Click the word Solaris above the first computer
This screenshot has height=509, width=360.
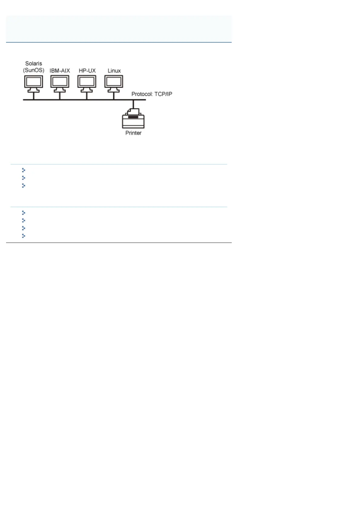tap(34, 63)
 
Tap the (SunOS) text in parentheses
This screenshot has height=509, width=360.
tap(34, 70)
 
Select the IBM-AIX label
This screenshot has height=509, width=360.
tap(60, 71)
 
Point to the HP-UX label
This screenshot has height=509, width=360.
tap(87, 71)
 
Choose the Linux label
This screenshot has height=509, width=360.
tap(114, 71)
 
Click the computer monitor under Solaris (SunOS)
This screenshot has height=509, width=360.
tap(34, 82)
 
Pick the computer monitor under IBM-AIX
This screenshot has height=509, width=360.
tap(60, 82)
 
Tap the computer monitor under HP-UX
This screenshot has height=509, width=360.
tap(87, 82)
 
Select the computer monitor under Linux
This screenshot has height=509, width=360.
tap(114, 82)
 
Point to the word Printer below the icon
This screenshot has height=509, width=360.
tap(133, 133)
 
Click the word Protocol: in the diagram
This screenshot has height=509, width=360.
tap(142, 94)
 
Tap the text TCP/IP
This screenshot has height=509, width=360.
tap(163, 94)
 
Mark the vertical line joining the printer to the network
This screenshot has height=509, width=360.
tap(133, 104)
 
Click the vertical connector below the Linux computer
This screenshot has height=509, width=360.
tap(114, 96)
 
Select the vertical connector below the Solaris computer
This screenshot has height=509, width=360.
tap(34, 96)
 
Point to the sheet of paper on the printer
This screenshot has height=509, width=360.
tap(133, 111)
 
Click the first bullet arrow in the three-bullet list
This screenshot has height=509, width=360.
tap(24, 170)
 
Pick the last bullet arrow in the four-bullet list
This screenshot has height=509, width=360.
tap(24, 236)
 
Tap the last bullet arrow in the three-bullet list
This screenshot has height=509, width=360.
tap(24, 186)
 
